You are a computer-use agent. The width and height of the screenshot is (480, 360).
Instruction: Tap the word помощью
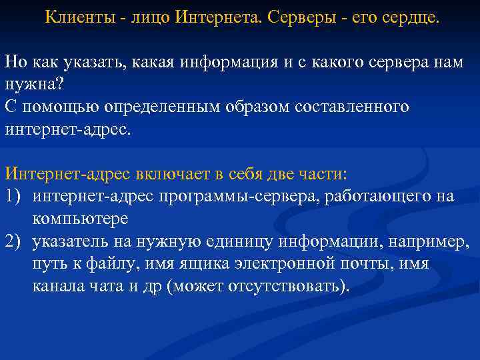(x=55, y=107)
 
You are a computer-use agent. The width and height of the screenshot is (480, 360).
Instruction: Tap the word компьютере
(x=79, y=218)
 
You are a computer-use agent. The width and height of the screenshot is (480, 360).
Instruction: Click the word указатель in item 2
(x=67, y=241)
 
